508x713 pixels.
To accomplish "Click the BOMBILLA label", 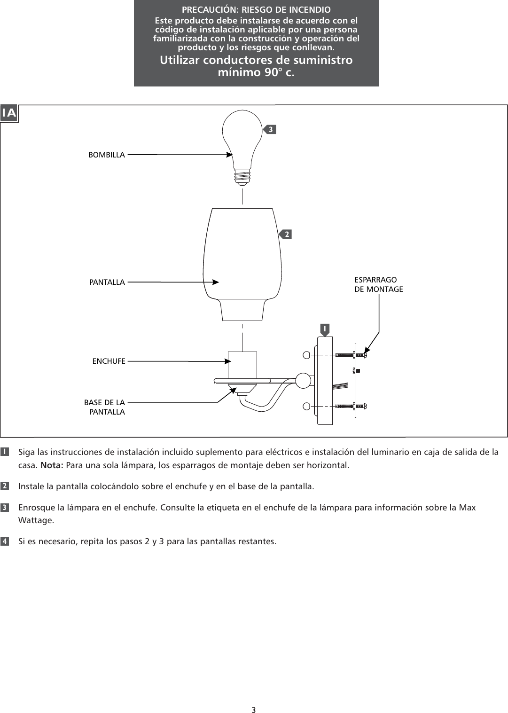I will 107,155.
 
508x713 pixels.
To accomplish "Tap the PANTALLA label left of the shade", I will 107,282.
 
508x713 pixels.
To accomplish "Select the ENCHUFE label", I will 109,361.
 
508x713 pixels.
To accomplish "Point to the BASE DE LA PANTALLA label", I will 104,407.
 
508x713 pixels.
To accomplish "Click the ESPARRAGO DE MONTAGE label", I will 378,285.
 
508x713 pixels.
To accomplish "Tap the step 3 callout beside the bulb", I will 270,129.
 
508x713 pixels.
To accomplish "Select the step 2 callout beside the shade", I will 286,234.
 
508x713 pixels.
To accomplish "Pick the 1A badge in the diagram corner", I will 9,113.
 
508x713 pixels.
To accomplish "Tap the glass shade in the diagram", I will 242,263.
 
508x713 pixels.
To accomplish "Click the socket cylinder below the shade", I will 242,364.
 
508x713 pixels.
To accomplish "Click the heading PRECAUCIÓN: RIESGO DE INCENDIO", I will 256,10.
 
